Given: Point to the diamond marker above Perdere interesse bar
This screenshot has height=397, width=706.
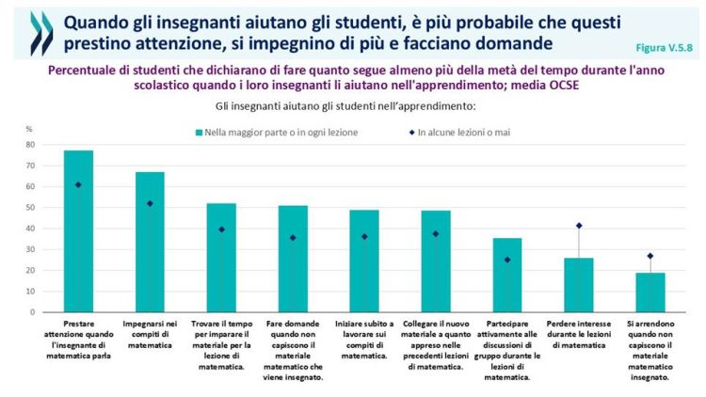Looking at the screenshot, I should (x=578, y=226).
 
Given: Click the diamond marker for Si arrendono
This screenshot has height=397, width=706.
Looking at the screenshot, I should (x=650, y=256).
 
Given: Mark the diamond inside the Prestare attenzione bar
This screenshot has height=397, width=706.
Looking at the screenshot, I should (x=78, y=184).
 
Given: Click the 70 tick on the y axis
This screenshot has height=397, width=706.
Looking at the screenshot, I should (x=28, y=166).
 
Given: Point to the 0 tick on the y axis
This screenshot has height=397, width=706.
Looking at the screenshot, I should (x=30, y=311).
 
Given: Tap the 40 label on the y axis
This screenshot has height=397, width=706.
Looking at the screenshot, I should (x=28, y=229).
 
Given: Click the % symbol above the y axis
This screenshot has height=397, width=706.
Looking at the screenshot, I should (x=29, y=129).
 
